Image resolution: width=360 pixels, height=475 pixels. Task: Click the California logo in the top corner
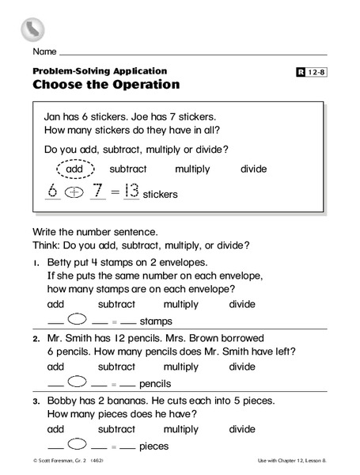point(30,28)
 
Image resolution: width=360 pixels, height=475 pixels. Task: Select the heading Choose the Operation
point(106,85)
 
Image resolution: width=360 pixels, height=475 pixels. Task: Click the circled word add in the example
point(75,169)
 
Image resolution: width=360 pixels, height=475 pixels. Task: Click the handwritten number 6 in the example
point(53,192)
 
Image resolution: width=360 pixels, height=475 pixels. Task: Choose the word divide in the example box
point(253,169)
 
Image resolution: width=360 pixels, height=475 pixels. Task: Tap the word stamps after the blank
point(155,322)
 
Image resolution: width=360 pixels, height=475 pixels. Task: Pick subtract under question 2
point(116,367)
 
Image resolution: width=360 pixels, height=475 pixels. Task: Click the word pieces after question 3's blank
point(154,446)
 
